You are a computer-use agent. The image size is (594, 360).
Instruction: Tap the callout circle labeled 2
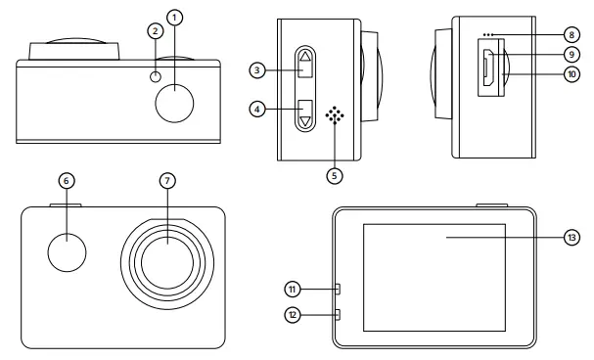[154, 31]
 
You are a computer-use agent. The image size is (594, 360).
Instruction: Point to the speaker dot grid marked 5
[337, 115]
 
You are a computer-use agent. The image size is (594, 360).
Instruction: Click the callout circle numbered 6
[67, 181]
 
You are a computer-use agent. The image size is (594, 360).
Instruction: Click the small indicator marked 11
[335, 289]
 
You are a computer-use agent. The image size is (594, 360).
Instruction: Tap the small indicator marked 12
[335, 314]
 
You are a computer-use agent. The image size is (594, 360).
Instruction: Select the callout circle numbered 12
[293, 314]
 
